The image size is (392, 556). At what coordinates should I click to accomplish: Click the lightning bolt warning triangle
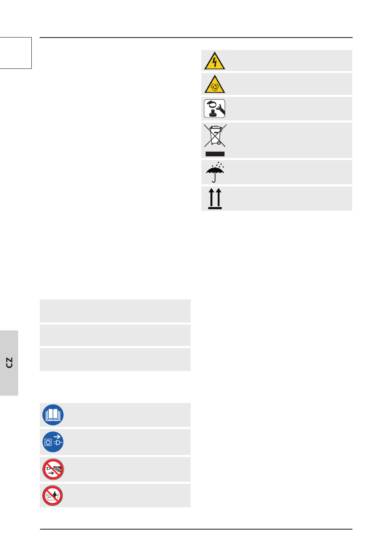pos(215,61)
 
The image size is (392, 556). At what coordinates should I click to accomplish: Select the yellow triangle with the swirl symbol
pos(215,85)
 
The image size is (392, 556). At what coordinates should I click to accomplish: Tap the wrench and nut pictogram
pos(215,109)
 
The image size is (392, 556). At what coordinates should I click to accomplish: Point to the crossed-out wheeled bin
pos(215,136)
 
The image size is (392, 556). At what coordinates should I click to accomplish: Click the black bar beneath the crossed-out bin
pos(215,154)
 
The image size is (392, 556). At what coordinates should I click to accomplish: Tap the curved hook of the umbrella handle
pos(214,180)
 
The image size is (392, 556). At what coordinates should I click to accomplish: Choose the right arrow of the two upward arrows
pos(219,197)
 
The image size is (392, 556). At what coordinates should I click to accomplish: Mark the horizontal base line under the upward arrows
pos(215,208)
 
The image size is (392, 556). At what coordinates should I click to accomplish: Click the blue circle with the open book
pos(53,415)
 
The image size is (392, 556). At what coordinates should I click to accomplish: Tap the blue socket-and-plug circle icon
pos(53,442)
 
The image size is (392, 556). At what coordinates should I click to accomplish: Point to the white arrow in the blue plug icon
pos(57,436)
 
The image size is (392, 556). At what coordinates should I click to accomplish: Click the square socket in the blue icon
pos(48,443)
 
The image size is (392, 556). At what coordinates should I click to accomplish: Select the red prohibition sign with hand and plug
pos(53,469)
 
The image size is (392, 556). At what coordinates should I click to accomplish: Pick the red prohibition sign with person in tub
pos(53,495)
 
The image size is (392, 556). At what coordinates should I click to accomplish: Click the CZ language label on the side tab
pos(9,363)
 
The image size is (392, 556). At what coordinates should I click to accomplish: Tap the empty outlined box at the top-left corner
pos(16,53)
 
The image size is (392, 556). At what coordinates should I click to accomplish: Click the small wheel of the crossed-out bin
pos(218,143)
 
